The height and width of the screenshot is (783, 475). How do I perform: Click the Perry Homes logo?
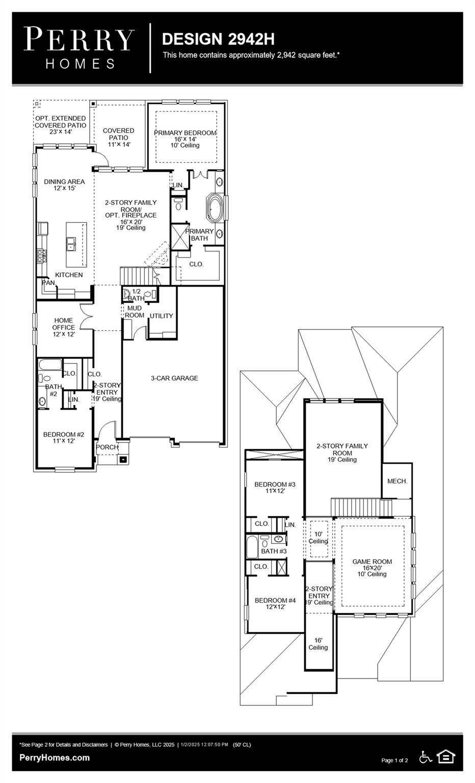(79, 48)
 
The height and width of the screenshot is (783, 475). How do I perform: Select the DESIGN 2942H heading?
(218, 39)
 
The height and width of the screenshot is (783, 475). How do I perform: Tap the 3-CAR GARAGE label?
(174, 378)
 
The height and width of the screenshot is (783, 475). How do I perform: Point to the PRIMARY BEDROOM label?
(185, 133)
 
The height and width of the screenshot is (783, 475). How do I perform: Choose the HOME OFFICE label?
(63, 324)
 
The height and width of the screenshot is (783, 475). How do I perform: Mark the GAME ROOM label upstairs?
(372, 562)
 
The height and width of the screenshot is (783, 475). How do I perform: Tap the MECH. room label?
(397, 481)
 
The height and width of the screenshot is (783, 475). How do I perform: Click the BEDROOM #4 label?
(275, 601)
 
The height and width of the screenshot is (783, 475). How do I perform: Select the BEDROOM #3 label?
(275, 484)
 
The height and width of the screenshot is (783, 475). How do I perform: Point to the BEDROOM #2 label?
(64, 435)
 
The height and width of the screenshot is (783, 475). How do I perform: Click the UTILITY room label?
(161, 316)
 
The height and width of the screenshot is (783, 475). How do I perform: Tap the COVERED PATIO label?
(118, 134)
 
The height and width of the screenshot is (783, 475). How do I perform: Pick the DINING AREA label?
(64, 181)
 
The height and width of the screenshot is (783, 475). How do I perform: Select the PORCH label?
(107, 448)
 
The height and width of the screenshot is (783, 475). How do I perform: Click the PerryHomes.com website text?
(55, 758)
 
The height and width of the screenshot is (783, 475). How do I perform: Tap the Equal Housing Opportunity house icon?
(446, 757)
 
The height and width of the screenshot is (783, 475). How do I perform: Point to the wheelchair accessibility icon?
(426, 758)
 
